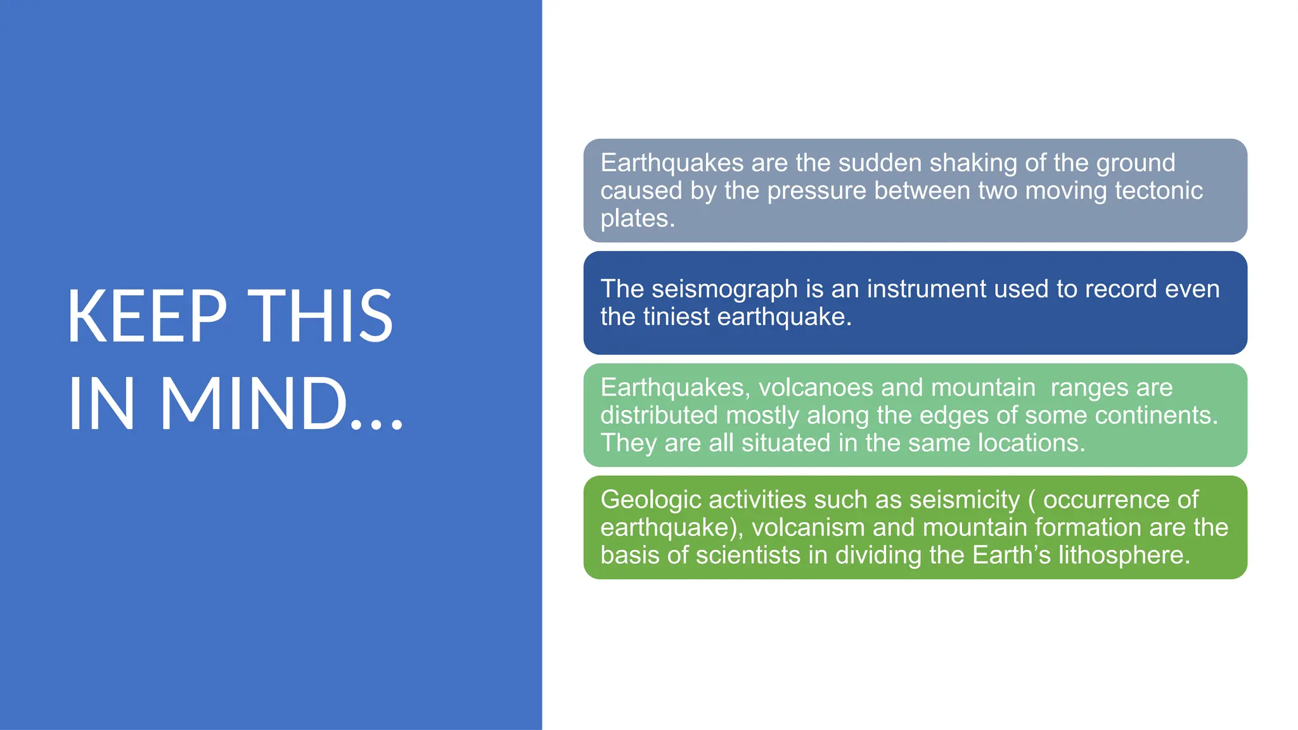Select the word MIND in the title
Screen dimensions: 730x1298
tap(254, 404)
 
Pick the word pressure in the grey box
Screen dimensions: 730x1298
tap(816, 191)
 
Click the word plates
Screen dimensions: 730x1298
tap(636, 219)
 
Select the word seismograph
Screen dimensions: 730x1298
tap(724, 290)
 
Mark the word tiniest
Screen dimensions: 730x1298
tap(676, 317)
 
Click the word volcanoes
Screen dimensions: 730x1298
tap(817, 387)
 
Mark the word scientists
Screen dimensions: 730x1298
tap(748, 555)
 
